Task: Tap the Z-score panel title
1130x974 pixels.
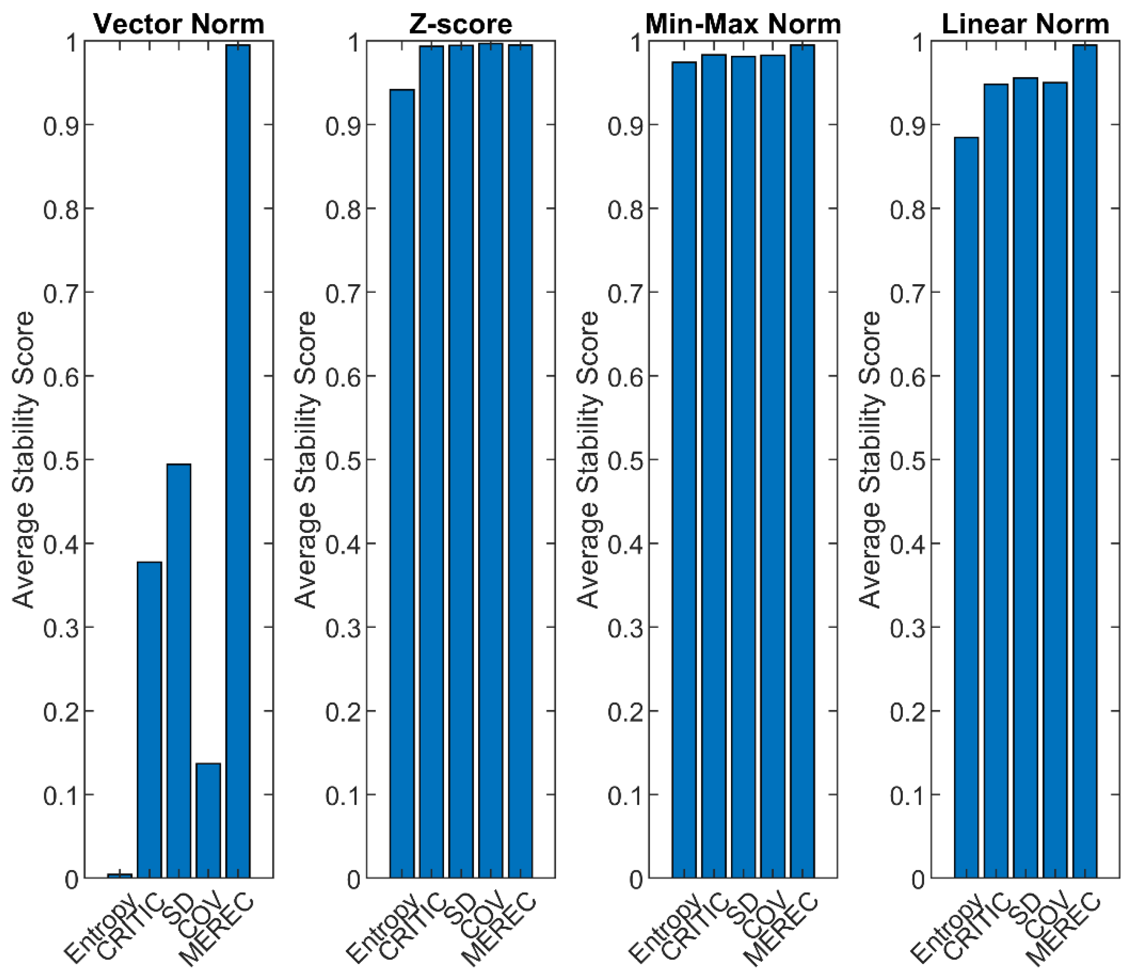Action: point(461,24)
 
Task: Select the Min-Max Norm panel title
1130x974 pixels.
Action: point(743,24)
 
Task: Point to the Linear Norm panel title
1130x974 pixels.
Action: point(1025,24)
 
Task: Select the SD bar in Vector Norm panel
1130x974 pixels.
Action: point(179,670)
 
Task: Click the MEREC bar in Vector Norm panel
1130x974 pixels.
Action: point(238,463)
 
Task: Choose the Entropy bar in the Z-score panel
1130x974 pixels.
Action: point(402,485)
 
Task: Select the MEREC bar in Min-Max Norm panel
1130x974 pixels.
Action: point(802,463)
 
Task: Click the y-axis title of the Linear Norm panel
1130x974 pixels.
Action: point(870,460)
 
